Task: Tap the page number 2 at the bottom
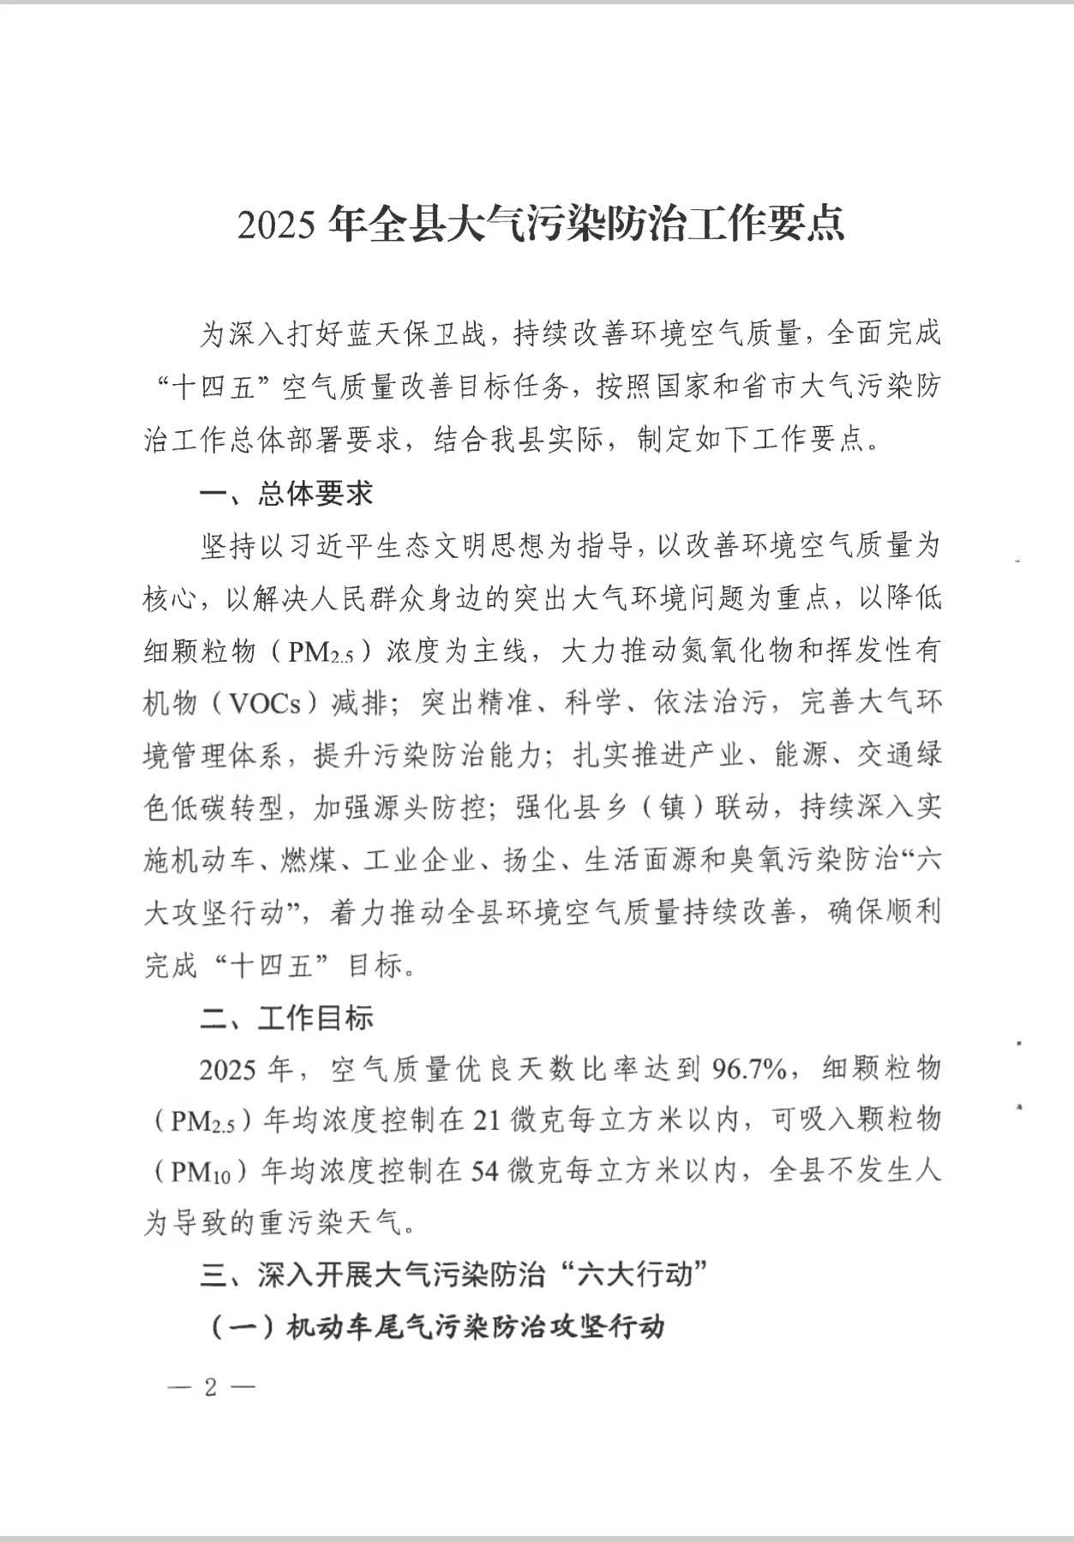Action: click(x=211, y=1387)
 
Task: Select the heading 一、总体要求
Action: click(x=286, y=494)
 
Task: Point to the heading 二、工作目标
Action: click(x=286, y=1017)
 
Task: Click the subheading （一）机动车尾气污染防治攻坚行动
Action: click(x=435, y=1327)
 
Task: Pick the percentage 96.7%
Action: click(x=749, y=1070)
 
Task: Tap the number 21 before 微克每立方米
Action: click(x=487, y=1120)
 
